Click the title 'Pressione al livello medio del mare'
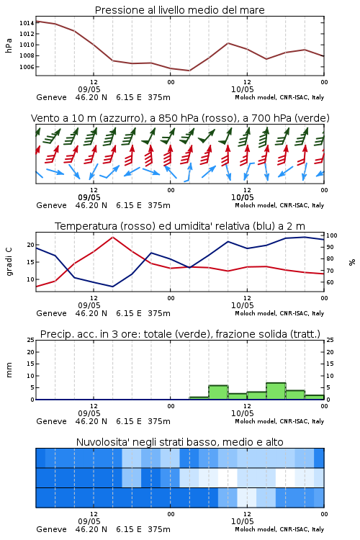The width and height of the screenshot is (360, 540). point(179,10)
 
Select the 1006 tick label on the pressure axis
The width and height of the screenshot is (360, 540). point(27,67)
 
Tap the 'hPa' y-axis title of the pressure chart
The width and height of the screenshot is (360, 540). point(9,45)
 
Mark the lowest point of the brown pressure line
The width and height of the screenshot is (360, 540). point(189,71)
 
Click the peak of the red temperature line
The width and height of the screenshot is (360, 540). point(112,237)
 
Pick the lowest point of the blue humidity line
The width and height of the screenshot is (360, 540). point(112,287)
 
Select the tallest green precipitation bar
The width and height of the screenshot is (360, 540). point(276,391)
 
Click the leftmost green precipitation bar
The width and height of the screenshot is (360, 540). point(199,398)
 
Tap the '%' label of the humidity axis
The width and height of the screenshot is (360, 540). point(352,262)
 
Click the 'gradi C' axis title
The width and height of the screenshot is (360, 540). point(9,261)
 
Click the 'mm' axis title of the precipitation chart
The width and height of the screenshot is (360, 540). point(9,370)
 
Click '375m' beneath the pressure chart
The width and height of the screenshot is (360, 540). point(159,97)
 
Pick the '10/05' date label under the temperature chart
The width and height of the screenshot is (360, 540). point(243,305)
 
